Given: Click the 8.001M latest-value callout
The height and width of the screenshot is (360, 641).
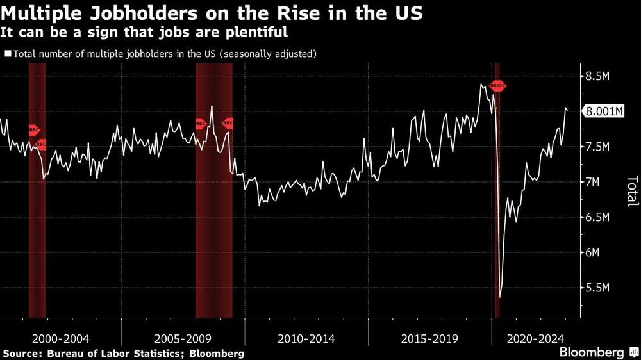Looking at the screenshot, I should (603, 111).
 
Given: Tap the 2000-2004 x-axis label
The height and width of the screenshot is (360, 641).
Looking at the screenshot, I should (60, 338).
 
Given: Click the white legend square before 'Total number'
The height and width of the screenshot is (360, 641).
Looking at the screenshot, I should (8, 54).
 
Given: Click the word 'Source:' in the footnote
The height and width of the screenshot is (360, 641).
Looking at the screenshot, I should (24, 353).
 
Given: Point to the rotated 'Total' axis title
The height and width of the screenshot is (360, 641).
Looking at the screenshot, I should (632, 191).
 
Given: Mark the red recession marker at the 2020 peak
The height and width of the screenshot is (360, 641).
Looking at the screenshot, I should (498, 86).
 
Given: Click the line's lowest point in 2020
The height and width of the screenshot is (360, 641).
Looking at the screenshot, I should (499, 297).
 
